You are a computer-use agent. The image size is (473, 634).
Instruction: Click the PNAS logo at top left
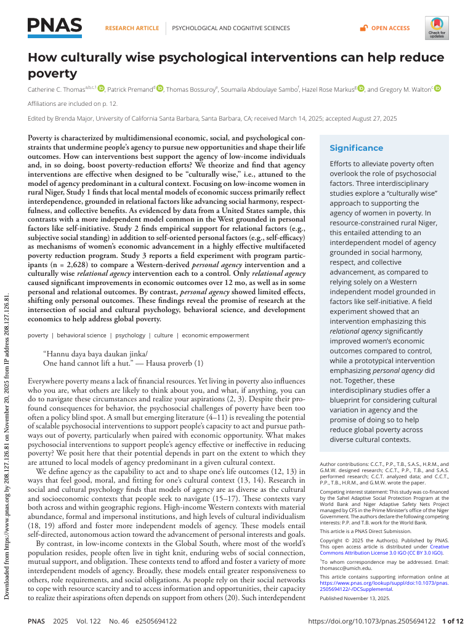pyautogui.click(x=55, y=26)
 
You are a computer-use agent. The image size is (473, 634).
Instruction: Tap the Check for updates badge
pyautogui.click(x=437, y=28)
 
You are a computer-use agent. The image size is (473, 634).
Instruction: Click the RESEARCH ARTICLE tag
pyautogui.click(x=132, y=28)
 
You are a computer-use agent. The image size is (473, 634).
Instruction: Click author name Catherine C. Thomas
pyautogui.click(x=56, y=90)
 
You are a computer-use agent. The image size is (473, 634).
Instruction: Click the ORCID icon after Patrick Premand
pyautogui.click(x=160, y=89)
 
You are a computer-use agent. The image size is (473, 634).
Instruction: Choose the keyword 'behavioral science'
pyautogui.click(x=82, y=335)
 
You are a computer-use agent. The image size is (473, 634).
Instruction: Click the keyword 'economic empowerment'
pyautogui.click(x=216, y=335)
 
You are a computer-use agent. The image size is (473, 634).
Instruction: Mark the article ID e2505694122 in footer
pyautogui.click(x=154, y=622)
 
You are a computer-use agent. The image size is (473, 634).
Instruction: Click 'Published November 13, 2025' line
pyautogui.click(x=355, y=598)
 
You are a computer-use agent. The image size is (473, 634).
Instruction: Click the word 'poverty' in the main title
pyautogui.click(x=53, y=74)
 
